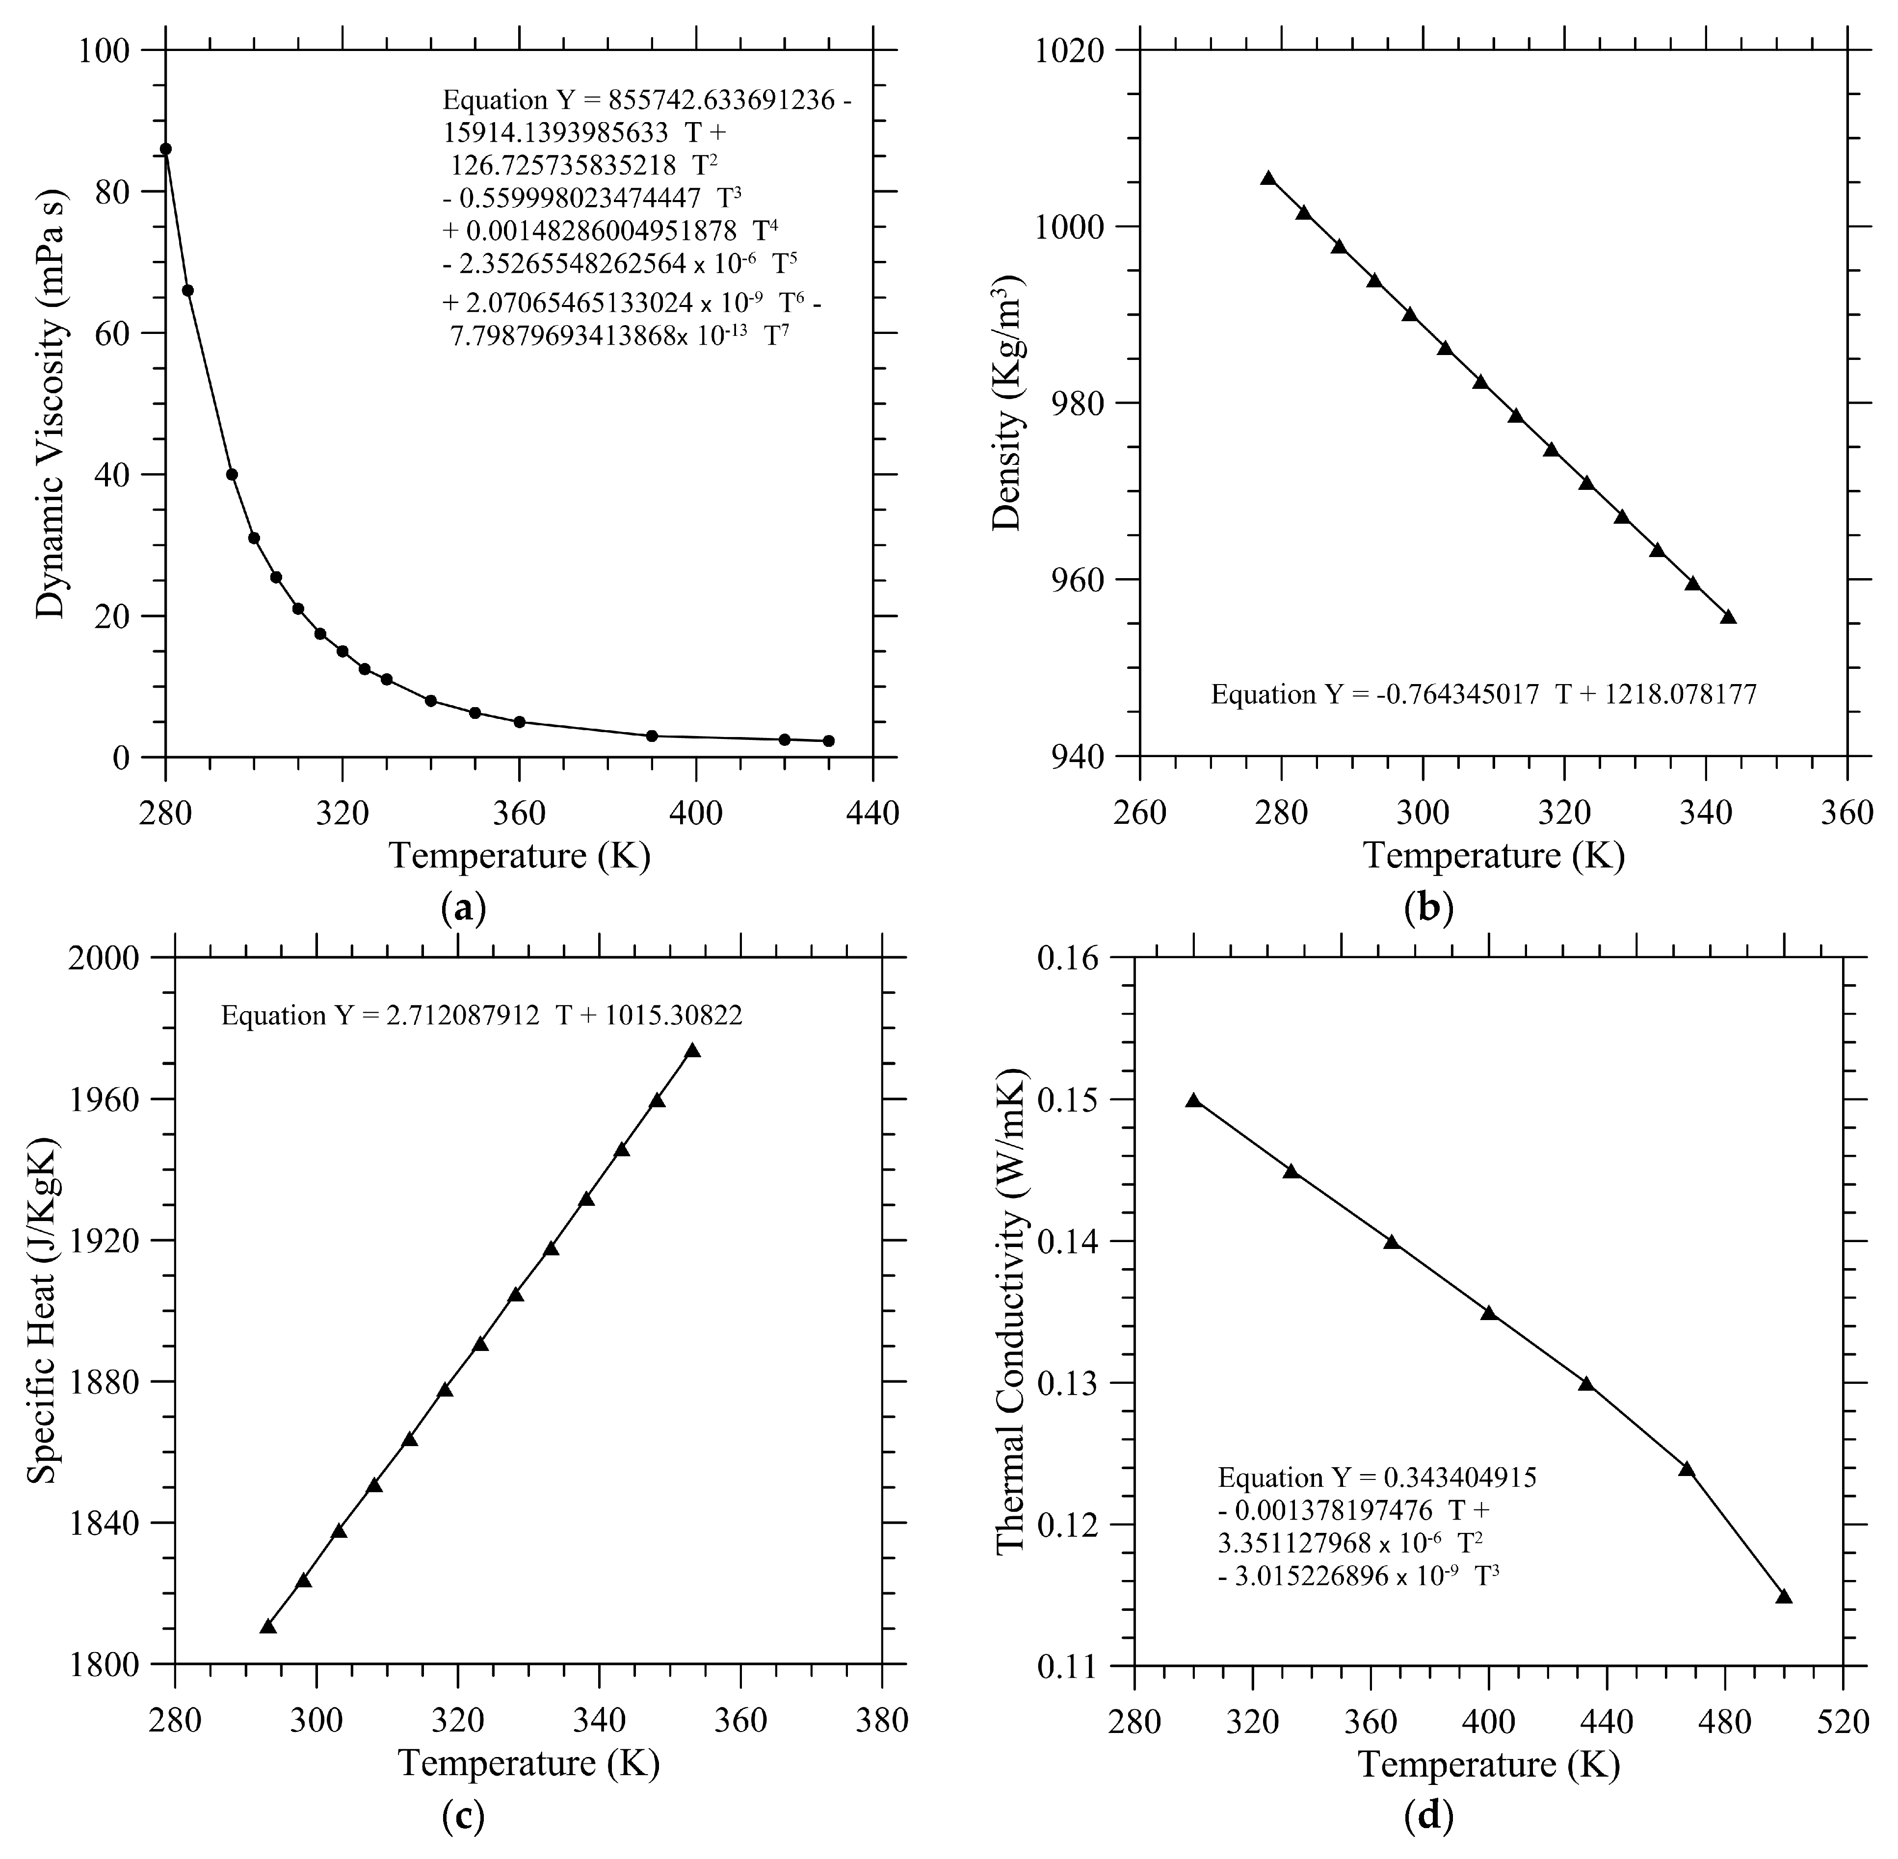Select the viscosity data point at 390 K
coord(652,735)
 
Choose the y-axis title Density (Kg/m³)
coord(1008,403)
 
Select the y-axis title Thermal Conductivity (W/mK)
coord(1010,1314)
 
